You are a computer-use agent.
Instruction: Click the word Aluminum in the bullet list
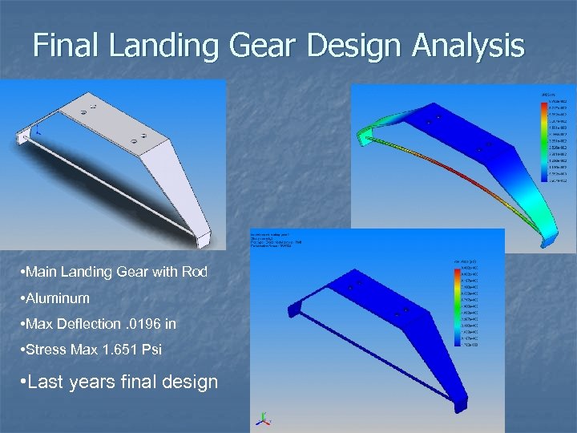click(x=59, y=298)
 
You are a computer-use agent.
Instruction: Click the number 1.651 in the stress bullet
click(x=104, y=350)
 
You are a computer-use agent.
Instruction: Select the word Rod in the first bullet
click(x=196, y=272)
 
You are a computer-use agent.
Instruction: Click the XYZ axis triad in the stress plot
click(x=260, y=418)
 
